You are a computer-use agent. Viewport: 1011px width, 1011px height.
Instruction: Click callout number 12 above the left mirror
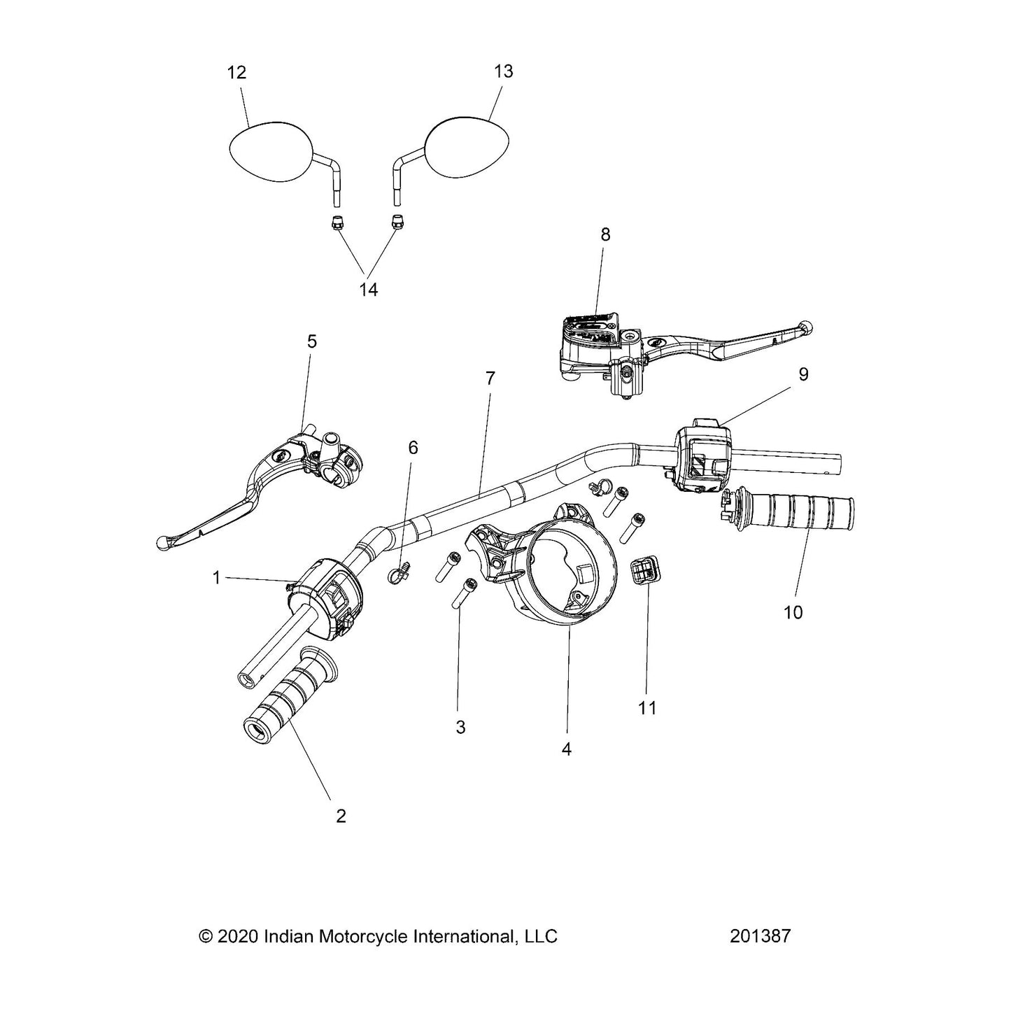[237, 73]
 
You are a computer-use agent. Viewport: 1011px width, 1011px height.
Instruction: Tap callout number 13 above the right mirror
[503, 71]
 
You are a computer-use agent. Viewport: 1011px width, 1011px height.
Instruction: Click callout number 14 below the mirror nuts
[369, 289]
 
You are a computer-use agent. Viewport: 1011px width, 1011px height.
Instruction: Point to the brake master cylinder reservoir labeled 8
[589, 336]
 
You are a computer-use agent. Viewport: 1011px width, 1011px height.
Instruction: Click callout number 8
[605, 234]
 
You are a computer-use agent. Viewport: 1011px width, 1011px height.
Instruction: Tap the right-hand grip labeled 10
[798, 514]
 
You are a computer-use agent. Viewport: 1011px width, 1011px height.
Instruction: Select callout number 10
[793, 612]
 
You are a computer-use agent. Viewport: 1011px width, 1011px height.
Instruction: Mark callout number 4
[567, 749]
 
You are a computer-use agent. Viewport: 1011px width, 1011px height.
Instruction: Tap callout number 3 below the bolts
[460, 728]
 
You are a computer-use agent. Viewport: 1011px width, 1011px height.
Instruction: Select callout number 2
[341, 816]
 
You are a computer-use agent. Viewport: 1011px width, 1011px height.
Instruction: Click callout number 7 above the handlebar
[490, 379]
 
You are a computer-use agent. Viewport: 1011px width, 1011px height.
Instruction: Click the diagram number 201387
[760, 936]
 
